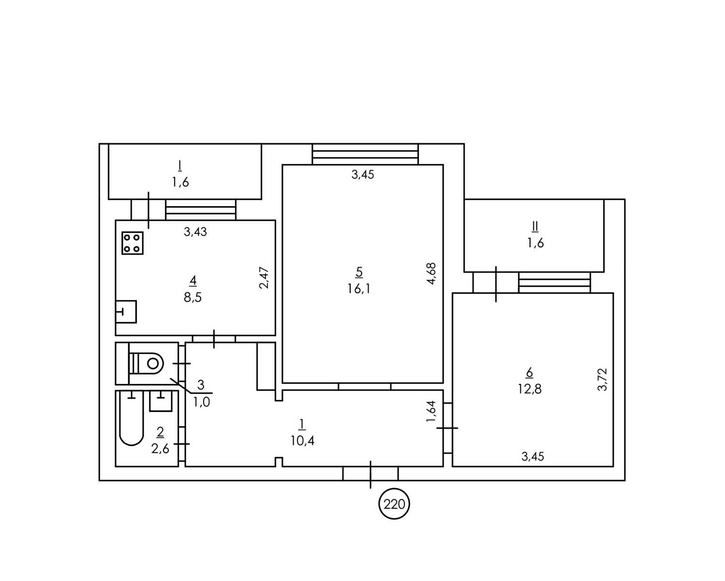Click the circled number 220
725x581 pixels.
pos(394,504)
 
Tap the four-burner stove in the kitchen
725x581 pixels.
pos(133,243)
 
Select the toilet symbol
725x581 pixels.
pos(146,364)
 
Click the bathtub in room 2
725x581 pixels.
pos(132,418)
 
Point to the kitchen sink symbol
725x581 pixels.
pos(126,312)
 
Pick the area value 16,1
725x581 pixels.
pos(359,289)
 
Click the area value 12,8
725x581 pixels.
pos(529,389)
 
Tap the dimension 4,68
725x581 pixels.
pos(431,274)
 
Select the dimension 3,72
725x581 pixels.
pos(602,380)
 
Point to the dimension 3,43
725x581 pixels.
pos(195,231)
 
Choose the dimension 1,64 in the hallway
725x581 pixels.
pos(431,411)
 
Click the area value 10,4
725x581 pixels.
pos(302,441)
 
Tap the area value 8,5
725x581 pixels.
pos(192,297)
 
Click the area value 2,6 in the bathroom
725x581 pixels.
pos(160,449)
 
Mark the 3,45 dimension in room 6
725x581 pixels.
pos(533,457)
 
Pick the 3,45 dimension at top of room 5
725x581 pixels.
pos(363,174)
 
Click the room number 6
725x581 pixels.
pos(529,372)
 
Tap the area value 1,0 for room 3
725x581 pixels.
pos(202,402)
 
